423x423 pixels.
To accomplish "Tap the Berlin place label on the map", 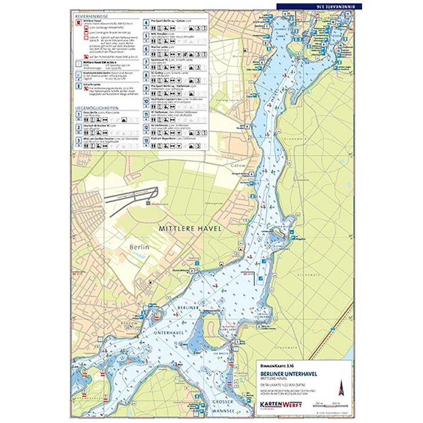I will [138, 247].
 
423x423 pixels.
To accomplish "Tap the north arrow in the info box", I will [340, 387].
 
